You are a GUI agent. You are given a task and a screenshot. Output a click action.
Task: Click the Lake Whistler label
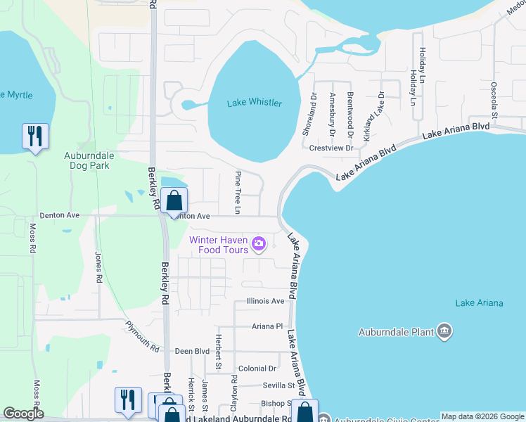[254, 103]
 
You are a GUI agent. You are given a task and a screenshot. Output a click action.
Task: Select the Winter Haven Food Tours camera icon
[259, 244]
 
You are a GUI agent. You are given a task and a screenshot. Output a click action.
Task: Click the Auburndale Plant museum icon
[443, 331]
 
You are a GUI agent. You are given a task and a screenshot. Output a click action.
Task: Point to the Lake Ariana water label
[479, 303]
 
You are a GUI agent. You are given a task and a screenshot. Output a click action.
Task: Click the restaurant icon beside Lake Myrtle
[34, 136]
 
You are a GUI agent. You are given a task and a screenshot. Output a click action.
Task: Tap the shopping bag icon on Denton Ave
[174, 200]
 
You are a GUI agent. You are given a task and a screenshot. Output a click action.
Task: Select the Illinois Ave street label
[265, 301]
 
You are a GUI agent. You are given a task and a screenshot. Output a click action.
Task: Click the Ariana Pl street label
[267, 326]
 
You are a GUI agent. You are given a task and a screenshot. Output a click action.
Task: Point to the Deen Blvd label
[193, 351]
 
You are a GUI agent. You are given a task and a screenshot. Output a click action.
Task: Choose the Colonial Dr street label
[257, 369]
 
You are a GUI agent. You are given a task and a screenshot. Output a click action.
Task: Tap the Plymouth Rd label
[143, 336]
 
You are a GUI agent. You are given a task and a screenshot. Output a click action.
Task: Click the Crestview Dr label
[331, 148]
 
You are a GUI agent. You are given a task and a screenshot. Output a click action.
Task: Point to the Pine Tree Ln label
[238, 192]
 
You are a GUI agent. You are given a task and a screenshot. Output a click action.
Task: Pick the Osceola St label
[494, 99]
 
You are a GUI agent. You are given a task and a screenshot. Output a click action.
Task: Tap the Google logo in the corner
[23, 414]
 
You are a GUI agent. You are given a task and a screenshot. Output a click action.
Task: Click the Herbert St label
[218, 354]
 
